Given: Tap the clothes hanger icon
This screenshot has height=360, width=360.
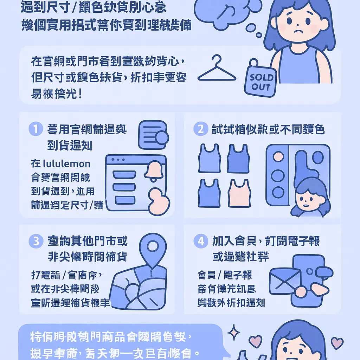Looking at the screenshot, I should click(217, 70).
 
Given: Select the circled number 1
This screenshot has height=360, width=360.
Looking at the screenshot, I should click(36, 129).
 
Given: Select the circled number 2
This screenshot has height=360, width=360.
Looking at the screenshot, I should click(200, 129).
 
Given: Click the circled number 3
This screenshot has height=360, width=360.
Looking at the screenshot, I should click(36, 242).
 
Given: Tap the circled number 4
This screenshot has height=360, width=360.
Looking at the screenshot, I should click(200, 242).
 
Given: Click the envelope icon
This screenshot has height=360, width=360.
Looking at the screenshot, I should click(285, 281).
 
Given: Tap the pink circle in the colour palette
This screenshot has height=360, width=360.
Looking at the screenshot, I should click(278, 156).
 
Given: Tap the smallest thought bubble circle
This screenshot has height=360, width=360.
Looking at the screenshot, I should click(259, 35).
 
